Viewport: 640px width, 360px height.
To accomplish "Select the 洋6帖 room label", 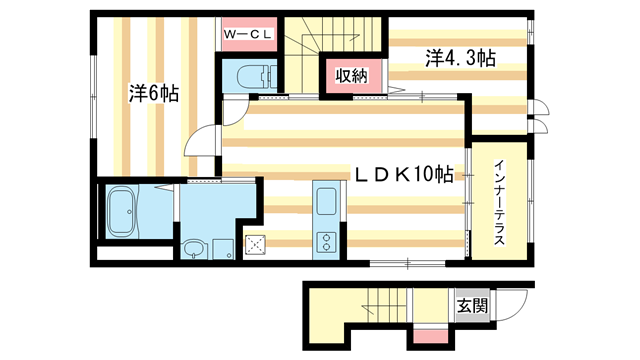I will click(x=154, y=93).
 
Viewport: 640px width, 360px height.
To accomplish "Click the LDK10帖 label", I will click(x=399, y=173).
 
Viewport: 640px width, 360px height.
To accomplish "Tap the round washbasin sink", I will click(x=193, y=248).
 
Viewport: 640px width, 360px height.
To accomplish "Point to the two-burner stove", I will click(x=325, y=241).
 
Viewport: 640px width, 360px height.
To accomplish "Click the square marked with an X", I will click(x=255, y=242).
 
